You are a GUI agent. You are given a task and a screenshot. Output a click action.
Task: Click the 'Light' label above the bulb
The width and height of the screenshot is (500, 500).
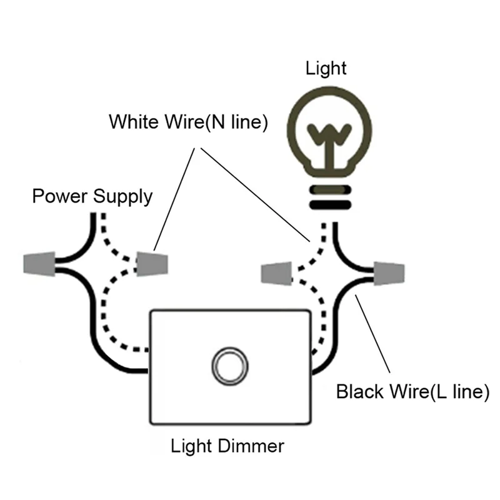[326, 68]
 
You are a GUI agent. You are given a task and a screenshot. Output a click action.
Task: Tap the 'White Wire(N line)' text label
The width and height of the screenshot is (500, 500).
[188, 121]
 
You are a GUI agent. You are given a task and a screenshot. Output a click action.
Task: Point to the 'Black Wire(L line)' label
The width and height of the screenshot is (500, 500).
[412, 392]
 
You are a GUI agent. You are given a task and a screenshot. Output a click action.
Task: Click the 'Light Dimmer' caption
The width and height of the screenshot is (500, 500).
[227, 446]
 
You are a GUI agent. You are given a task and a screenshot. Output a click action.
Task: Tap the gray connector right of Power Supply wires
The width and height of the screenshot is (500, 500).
[151, 264]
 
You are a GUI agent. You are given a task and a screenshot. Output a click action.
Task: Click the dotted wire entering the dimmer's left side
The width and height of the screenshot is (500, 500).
[125, 347]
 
